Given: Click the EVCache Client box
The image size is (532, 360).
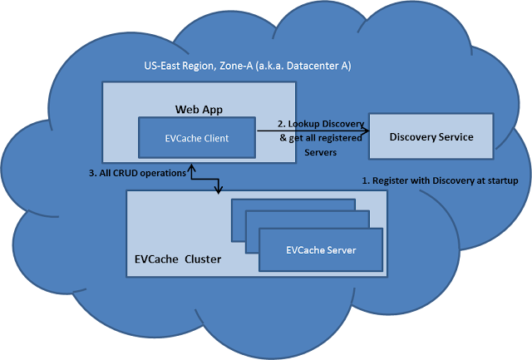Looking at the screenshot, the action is (x=197, y=138).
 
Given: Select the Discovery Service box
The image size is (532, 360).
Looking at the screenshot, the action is (x=431, y=136).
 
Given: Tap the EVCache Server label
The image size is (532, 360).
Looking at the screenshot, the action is (x=321, y=250).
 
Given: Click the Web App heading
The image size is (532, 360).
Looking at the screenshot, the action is (x=199, y=110).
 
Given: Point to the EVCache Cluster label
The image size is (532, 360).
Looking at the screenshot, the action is (x=178, y=259).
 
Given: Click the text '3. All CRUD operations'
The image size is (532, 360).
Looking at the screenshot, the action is (x=137, y=174).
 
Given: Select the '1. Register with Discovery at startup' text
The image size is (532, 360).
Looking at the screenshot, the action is (x=440, y=181).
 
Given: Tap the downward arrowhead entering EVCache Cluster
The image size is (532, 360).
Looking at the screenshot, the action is (x=219, y=190).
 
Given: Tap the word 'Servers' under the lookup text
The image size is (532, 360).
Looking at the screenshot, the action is (x=320, y=152).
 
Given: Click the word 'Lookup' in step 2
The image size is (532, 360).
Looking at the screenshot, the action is (x=303, y=124).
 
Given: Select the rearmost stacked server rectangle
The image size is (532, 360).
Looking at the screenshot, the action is (x=293, y=205).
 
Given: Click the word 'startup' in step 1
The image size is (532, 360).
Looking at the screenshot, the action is (x=503, y=181).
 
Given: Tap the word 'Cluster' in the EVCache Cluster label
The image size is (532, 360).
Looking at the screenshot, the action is (x=203, y=259).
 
